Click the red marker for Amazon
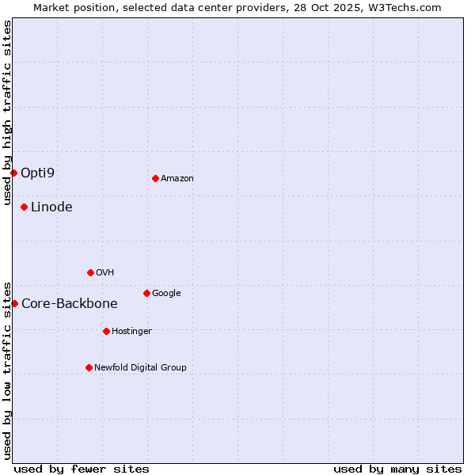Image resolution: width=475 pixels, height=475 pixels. coord(155,178)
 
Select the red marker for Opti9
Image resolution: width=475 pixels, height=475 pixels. coord(14,173)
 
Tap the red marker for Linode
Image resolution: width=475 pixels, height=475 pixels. coord(25,207)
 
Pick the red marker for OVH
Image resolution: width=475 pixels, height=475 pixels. coord(90,272)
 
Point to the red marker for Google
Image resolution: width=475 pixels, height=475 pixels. coord(146,293)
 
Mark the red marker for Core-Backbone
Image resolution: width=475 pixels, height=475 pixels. coord(14,303)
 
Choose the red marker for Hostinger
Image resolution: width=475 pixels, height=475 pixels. coord(106,331)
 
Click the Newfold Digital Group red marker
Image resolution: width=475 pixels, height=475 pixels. coord(89,367)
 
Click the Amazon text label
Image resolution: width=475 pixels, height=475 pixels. coord(177,179)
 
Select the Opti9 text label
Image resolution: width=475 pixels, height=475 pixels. coord(38,173)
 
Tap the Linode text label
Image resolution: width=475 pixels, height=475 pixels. coord(51,207)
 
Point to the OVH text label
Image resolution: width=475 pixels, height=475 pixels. coord(105,273)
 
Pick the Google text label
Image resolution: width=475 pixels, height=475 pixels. coord(166,294)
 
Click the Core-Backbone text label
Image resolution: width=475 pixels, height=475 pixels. coord(70,303)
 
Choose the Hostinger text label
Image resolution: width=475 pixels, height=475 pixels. coord(131,332)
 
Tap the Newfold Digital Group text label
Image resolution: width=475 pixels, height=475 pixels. coord(140,368)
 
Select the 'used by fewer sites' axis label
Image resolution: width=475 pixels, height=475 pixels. coord(82,469)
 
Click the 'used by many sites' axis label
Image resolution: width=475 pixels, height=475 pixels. coord(397,469)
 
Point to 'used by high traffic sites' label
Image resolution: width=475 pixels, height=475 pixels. coord(7,112)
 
